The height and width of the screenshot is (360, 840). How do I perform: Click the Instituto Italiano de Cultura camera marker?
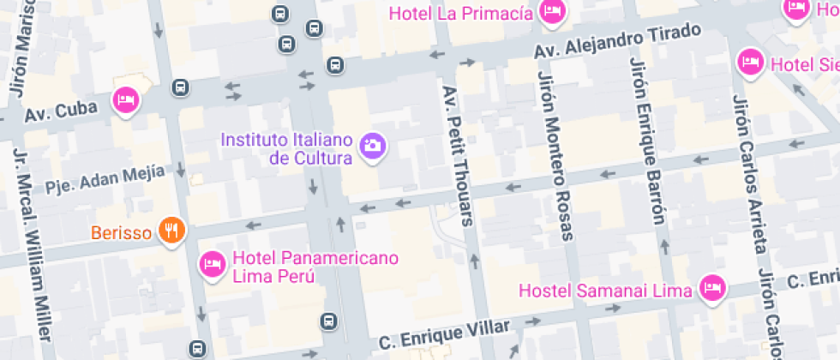[372, 145]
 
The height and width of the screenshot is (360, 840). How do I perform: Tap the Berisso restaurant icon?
[172, 231]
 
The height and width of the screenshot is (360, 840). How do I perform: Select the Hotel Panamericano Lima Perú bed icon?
[212, 264]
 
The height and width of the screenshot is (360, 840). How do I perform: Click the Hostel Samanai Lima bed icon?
[711, 289]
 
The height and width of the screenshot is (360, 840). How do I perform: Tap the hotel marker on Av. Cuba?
[127, 101]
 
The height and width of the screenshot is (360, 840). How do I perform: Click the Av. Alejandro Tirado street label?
[617, 41]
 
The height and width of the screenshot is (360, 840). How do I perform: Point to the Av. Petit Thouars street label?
[457, 154]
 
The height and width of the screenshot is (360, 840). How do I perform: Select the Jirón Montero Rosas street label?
[554, 155]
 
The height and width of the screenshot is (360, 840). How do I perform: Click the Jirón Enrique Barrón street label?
[648, 141]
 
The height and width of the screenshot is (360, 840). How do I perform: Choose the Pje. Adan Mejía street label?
[105, 179]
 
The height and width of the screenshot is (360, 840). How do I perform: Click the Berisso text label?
[123, 231]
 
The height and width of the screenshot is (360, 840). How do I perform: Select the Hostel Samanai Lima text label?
[605, 291]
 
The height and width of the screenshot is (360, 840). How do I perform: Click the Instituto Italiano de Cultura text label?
[286, 148]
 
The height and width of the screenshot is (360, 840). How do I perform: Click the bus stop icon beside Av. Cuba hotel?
[180, 87]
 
